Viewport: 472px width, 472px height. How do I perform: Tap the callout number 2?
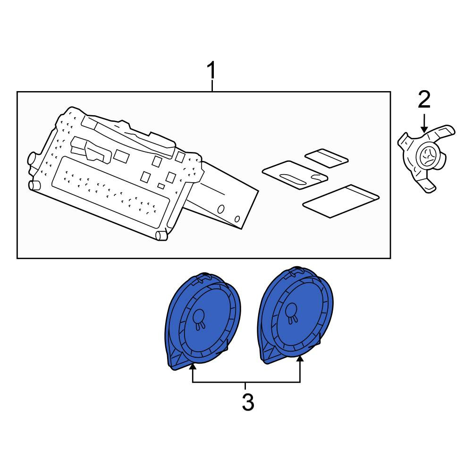pos(424,100)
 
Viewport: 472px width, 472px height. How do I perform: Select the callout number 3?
pos(248,402)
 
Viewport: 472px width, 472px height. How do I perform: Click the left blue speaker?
pos(203,321)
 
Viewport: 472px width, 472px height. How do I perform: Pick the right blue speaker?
pos(295,315)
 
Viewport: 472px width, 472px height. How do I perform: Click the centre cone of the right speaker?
pos(292,312)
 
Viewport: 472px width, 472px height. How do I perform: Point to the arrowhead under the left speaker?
pos(193,366)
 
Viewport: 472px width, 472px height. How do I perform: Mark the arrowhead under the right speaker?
pos(300,359)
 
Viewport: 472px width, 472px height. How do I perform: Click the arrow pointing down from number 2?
pos(424,123)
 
